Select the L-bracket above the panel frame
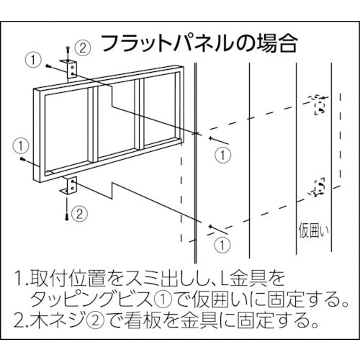[x=71, y=69]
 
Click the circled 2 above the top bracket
[x=82, y=48]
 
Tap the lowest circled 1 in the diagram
[x=224, y=244]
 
